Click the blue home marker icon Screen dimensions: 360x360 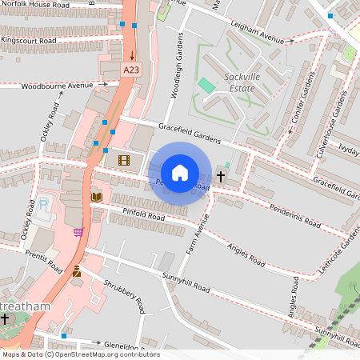[180, 173]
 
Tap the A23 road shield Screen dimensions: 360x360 [132, 71]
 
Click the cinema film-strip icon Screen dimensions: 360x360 [123, 160]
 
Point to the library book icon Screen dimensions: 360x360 [96, 197]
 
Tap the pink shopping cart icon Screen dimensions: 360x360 [78, 232]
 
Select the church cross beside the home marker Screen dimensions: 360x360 [221, 175]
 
